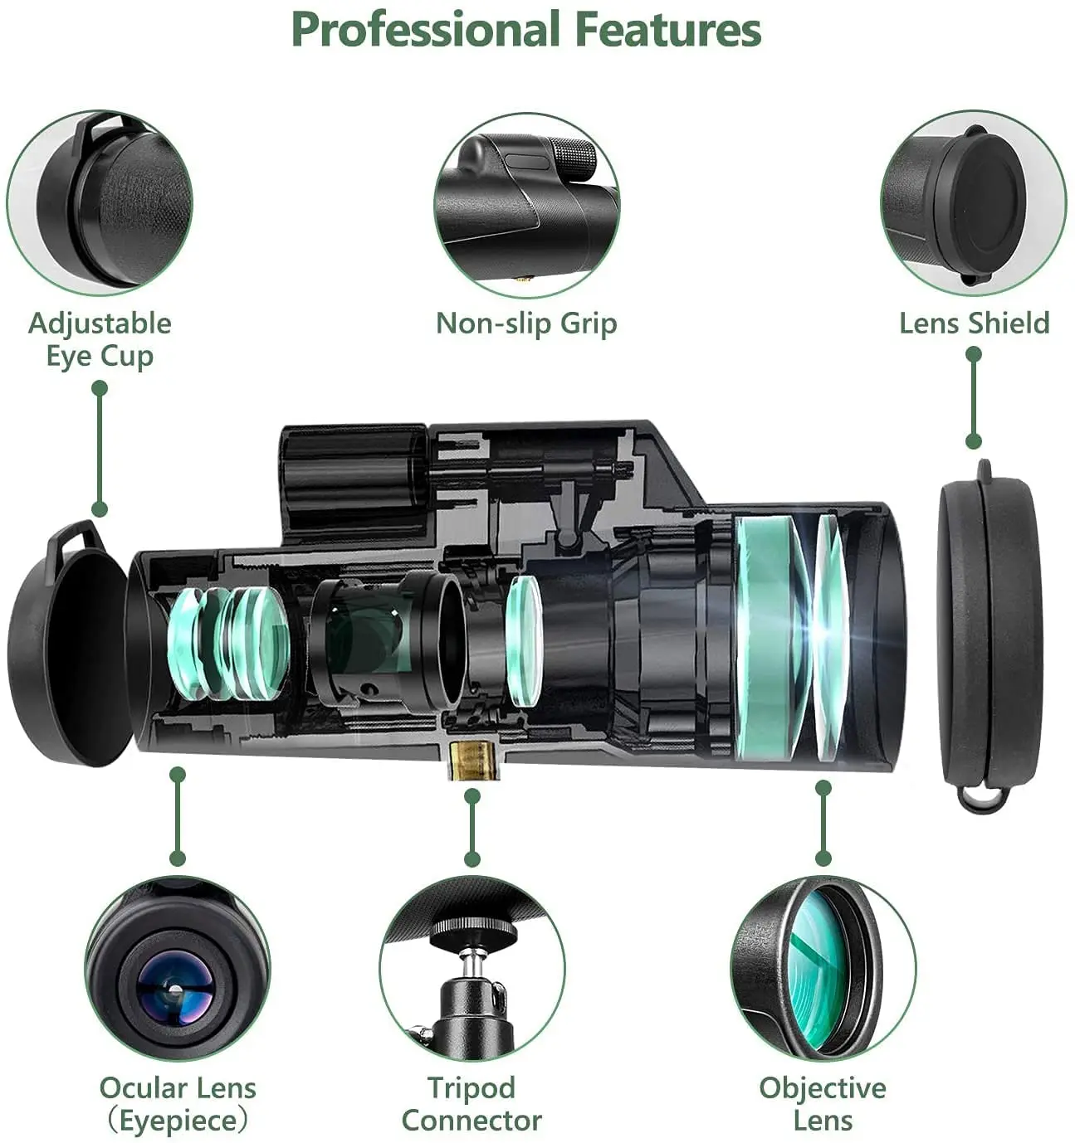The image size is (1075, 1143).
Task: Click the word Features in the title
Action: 668,30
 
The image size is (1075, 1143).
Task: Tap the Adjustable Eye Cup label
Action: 100,339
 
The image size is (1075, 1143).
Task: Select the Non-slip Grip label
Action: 526,323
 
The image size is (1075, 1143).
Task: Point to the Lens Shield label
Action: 974,323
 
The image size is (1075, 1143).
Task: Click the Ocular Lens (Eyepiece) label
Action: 178,1104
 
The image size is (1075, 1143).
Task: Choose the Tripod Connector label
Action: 472,1104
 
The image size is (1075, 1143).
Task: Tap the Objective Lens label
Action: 822,1104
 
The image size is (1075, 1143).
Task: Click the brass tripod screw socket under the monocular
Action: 474,759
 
